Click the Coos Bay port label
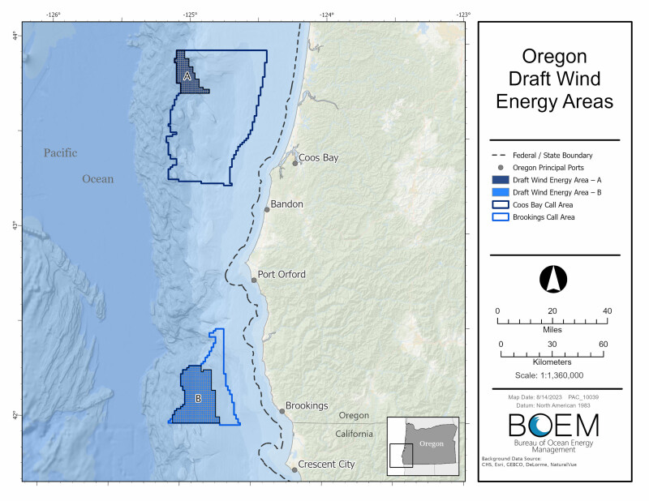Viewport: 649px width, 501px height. [x=318, y=157]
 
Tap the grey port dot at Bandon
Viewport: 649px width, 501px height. [x=266, y=209]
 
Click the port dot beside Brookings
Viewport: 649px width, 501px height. [x=282, y=411]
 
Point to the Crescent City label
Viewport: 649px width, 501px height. [x=326, y=465]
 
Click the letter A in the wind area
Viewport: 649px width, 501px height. [x=187, y=76]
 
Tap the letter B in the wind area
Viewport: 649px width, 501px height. [x=197, y=398]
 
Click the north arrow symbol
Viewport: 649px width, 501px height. [x=552, y=279]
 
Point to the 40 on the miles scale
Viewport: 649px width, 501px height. [x=606, y=311]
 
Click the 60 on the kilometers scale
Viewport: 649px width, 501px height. [x=603, y=345]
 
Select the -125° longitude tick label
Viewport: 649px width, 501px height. [x=190, y=14]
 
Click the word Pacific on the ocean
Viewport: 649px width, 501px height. [x=60, y=152]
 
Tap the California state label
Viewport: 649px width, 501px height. [x=355, y=435]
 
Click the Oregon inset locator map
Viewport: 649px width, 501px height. [x=422, y=443]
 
